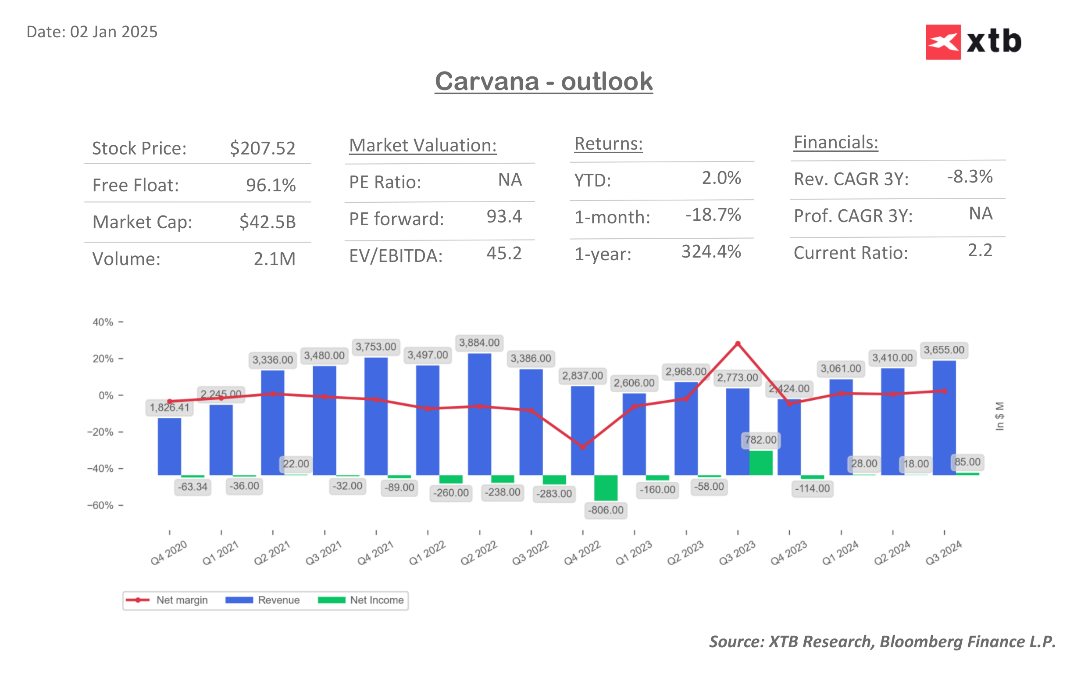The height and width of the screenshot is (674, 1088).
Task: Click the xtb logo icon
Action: pos(942,42)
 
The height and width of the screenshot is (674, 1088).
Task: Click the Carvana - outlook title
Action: pos(543,82)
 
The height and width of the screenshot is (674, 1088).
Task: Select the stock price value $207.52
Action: pos(262,148)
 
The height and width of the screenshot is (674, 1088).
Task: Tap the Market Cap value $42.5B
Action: pos(267,222)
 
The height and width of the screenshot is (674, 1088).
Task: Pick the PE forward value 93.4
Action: pos(504,217)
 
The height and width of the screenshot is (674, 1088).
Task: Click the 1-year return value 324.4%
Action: pos(711,252)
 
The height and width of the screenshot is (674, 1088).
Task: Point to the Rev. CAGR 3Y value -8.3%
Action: pos(969,176)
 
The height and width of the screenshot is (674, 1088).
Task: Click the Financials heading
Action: pos(835,143)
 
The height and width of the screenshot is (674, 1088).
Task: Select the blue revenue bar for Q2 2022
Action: pos(479,415)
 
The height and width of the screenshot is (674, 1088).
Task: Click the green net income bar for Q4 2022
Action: pos(605,488)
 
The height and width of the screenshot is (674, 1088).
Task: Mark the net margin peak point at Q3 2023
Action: pos(738,344)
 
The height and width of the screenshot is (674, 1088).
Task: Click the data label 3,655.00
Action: pos(943,350)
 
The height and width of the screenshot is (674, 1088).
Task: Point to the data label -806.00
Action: pos(605,510)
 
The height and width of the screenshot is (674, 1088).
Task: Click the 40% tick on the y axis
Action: pos(103,322)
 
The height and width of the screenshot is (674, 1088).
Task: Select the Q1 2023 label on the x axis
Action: pos(633,553)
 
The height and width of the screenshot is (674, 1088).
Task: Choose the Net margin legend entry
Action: pos(167,600)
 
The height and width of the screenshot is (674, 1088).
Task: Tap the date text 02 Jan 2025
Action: pos(114,32)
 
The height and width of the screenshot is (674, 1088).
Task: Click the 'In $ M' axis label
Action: pos(999,416)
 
